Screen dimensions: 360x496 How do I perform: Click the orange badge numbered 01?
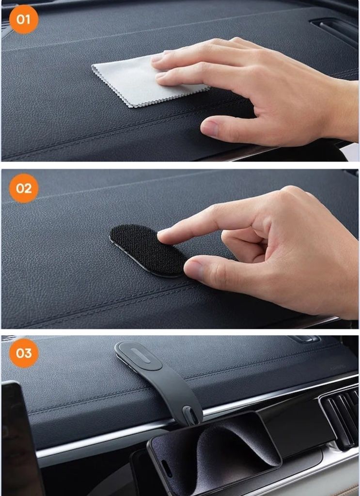pos(24,19)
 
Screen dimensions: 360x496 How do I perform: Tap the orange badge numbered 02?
pos(24,188)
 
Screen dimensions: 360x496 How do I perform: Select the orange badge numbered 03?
pos(24,353)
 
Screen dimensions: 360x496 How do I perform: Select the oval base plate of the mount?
pos(138,356)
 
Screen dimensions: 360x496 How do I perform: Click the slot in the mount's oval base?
pos(140,356)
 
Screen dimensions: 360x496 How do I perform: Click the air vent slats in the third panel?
pos(340,416)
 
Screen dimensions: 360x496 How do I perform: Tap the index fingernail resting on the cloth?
pos(157,58)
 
